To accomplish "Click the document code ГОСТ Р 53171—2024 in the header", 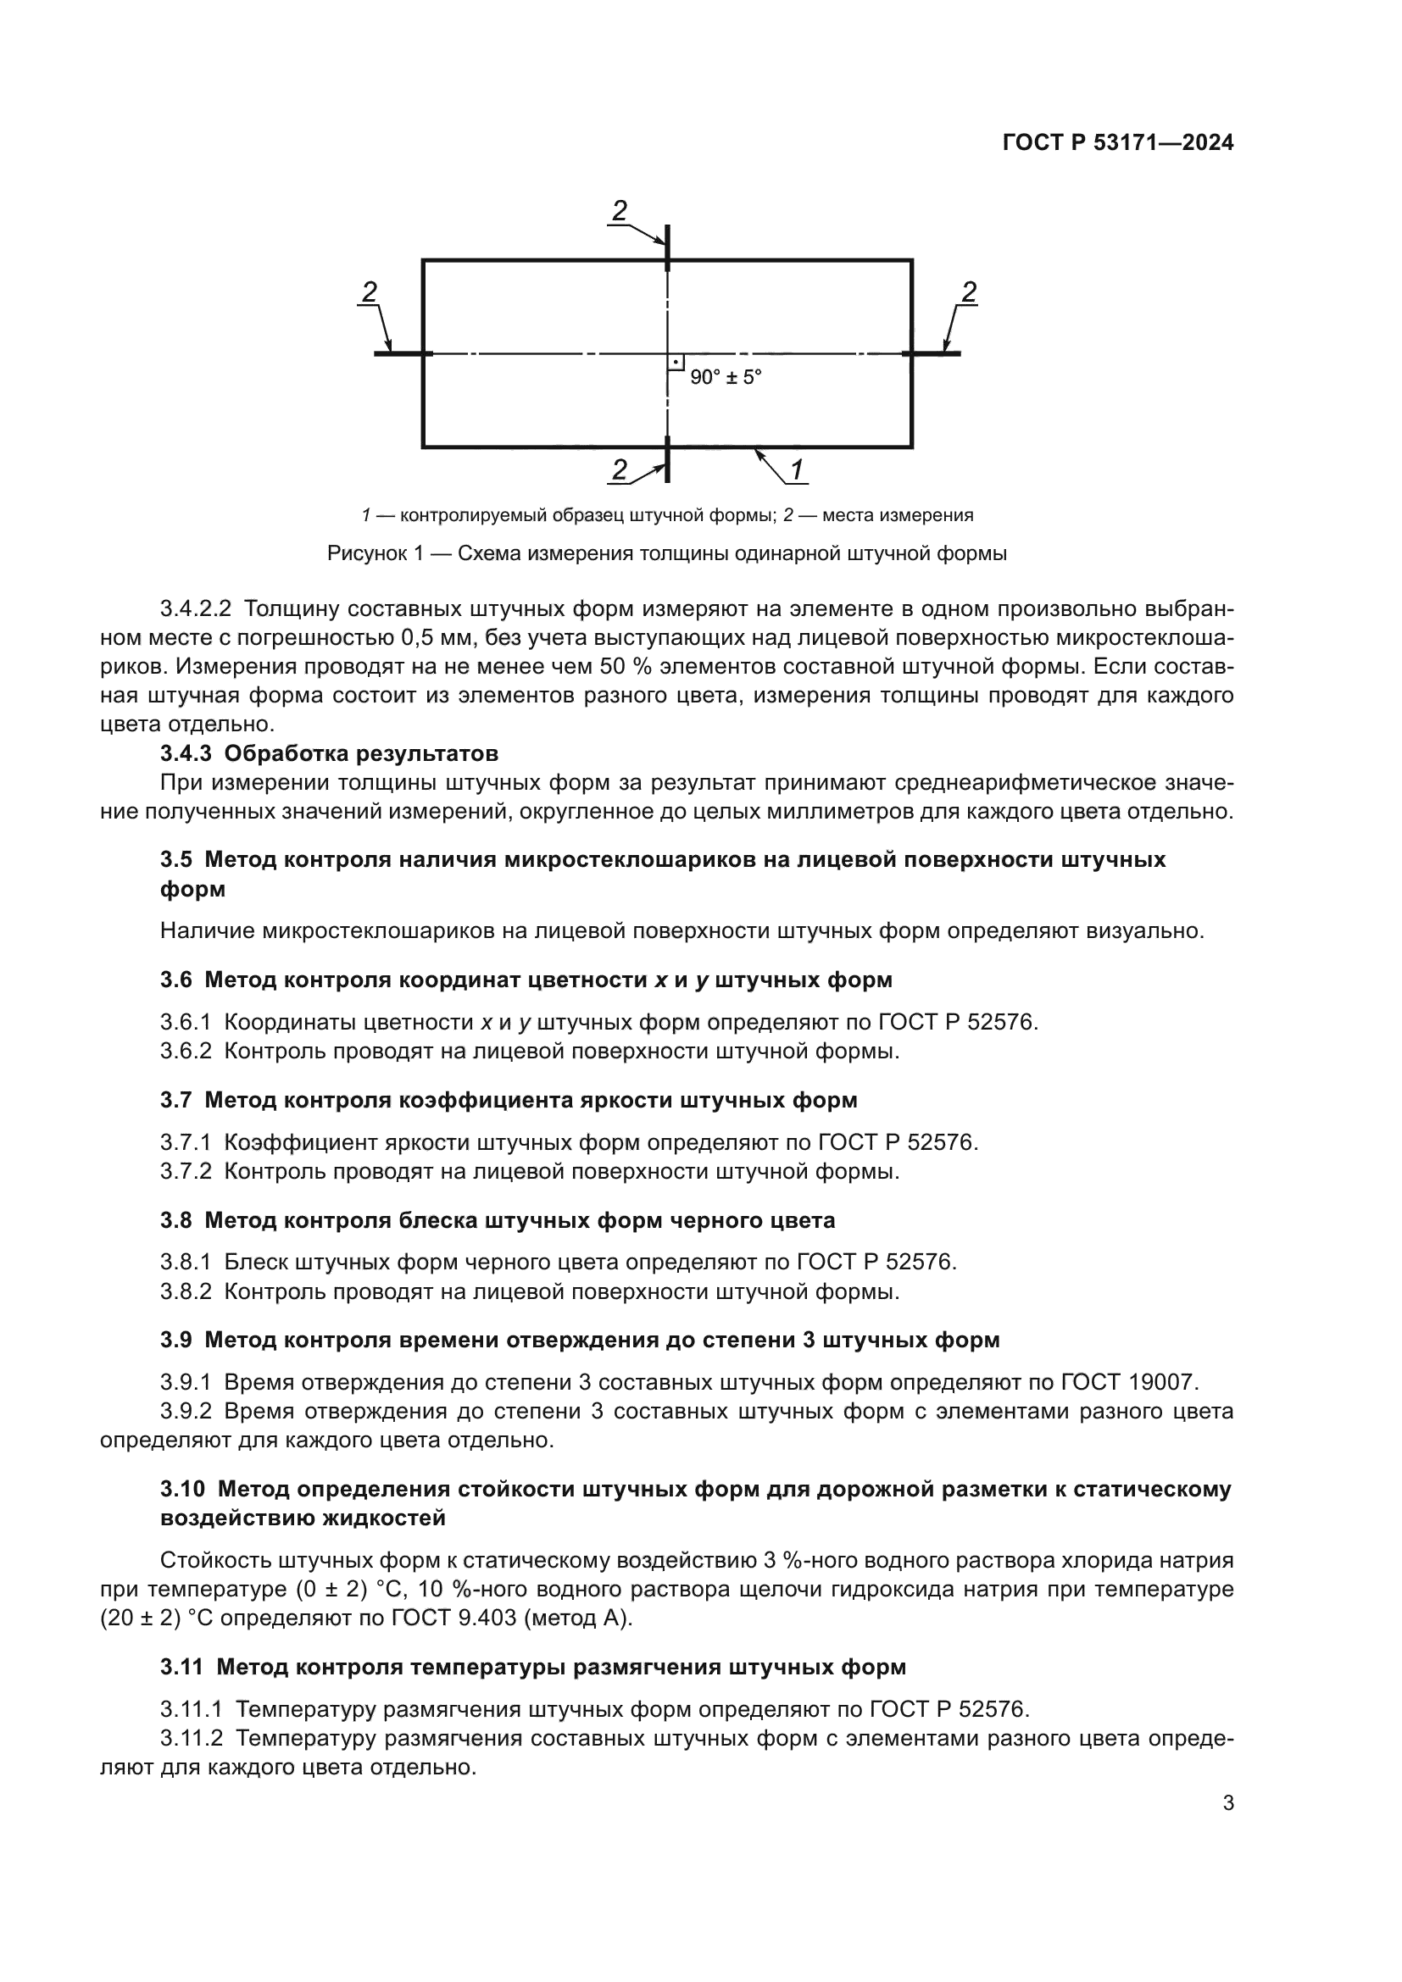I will [x=1117, y=143].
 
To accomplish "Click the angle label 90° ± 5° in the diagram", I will [x=726, y=377].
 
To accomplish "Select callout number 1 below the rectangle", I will [x=796, y=470].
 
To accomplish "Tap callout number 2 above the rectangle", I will [x=619, y=210].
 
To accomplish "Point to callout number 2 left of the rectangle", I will [x=369, y=292].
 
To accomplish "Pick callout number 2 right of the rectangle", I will [x=969, y=292].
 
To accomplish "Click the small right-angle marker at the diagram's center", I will [x=676, y=363].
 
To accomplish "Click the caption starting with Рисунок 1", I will [x=666, y=553].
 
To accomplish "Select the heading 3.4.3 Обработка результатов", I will [x=329, y=753].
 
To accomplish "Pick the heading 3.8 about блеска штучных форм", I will [x=498, y=1220].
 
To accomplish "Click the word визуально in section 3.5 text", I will [x=1143, y=931].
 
